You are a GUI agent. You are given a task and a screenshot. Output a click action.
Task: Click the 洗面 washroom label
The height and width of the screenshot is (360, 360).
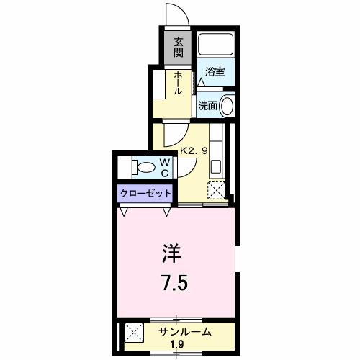coord(208,105)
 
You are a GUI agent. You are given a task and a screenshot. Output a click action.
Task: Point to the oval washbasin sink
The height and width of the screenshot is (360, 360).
coord(228,105)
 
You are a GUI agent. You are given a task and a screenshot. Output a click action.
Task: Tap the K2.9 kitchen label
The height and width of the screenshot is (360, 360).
coord(194,152)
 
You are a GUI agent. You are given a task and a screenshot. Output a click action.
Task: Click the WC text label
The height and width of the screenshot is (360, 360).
coord(164,168)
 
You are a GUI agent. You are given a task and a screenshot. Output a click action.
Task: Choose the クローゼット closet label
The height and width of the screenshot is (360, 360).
coord(146,193)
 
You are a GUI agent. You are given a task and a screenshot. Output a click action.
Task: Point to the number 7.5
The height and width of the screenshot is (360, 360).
coord(175,282)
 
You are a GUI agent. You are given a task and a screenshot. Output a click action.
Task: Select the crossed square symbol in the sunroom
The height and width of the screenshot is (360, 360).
coord(134,332)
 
